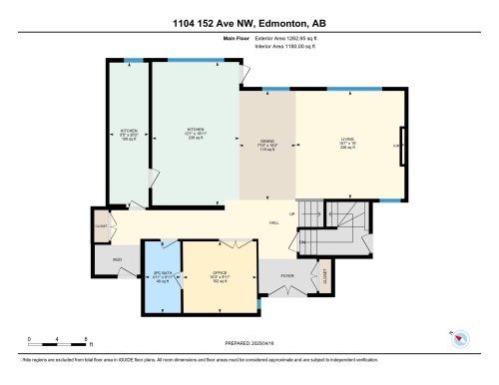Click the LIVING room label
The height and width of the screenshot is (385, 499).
pyautogui.click(x=348, y=141)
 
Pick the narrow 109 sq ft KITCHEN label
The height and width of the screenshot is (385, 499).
pyautogui.click(x=129, y=134)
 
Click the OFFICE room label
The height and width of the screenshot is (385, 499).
pyautogui.click(x=221, y=274)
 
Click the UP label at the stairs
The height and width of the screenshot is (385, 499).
pyautogui.click(x=291, y=214)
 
